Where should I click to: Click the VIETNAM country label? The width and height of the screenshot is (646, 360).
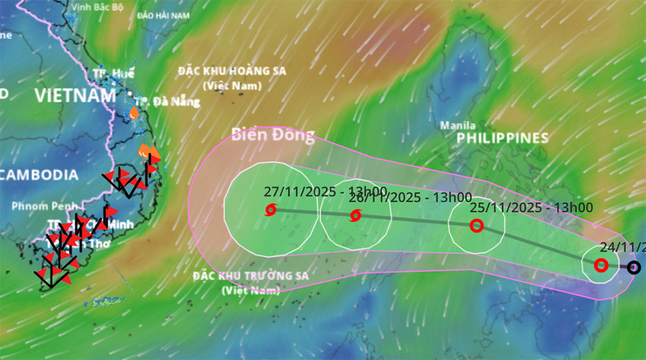(75, 96)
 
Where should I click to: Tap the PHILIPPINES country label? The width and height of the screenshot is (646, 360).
(503, 138)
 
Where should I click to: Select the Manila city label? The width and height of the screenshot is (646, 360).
(457, 125)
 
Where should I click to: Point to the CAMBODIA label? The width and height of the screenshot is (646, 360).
(38, 175)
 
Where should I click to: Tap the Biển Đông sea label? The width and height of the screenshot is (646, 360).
(273, 135)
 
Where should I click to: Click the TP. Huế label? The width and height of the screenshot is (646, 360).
(113, 74)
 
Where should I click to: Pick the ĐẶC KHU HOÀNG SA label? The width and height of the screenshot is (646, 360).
(232, 71)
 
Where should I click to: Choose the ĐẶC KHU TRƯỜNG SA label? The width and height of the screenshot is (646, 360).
(251, 277)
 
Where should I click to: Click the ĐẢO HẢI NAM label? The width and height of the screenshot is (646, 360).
(163, 15)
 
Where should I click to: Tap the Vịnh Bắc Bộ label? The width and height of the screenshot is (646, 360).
(98, 8)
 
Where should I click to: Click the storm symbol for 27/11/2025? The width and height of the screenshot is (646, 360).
(271, 209)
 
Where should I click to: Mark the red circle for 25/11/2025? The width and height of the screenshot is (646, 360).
(476, 226)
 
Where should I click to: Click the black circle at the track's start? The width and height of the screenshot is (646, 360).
(634, 267)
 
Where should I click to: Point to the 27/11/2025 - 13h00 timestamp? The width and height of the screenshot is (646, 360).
(325, 191)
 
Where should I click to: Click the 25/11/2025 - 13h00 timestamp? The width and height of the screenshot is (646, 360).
(531, 207)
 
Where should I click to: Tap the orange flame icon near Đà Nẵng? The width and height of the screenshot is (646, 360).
(134, 113)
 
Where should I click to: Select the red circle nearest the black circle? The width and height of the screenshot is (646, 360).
(601, 265)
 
